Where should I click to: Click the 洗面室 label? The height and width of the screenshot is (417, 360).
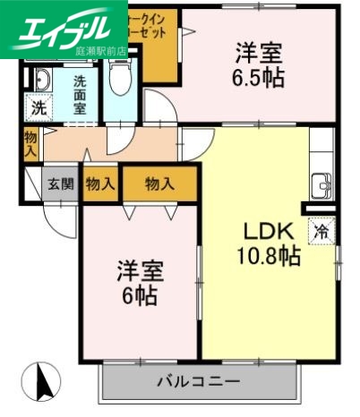80,91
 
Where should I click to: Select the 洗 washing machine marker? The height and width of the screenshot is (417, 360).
38,108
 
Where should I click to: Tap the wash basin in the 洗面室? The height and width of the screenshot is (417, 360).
39,81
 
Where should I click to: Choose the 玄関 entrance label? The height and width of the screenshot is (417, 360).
61,184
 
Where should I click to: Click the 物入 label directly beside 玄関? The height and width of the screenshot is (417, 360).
99,184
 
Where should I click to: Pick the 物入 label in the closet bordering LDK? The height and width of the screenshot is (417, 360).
159,184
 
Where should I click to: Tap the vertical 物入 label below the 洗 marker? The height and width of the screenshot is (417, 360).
30,143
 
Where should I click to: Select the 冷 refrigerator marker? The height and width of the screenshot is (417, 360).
321,230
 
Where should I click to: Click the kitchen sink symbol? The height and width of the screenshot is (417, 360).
321,188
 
